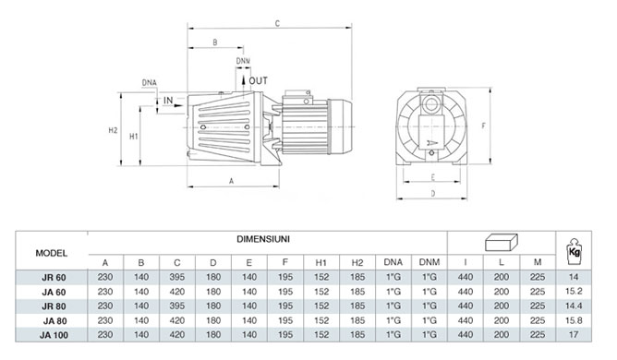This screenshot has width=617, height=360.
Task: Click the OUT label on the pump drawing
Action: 258,81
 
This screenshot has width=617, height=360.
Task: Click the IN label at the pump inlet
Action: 168,101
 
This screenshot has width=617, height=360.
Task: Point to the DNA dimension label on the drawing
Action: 149,83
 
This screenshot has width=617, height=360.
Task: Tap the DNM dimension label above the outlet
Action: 243,61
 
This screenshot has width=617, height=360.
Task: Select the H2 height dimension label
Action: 113,130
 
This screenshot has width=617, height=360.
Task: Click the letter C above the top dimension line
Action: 277,24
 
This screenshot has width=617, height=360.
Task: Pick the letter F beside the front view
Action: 484,126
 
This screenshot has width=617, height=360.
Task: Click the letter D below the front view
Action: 433,194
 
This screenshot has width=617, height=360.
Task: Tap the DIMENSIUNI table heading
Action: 263,239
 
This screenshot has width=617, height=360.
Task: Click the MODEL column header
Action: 52,253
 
